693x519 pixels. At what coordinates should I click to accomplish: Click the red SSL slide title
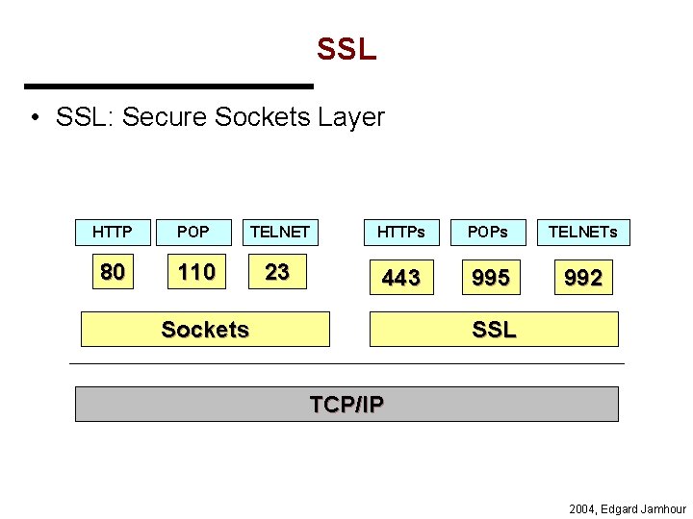click(346, 50)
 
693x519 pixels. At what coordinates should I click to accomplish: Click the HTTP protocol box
click(113, 232)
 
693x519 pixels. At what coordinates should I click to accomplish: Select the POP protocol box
click(193, 232)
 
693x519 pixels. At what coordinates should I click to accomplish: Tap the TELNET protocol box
click(279, 232)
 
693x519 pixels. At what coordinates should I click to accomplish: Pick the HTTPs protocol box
click(400, 232)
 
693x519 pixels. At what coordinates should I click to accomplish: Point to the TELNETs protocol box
click(583, 232)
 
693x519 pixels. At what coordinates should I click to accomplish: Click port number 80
click(113, 273)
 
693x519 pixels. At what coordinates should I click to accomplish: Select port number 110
click(196, 273)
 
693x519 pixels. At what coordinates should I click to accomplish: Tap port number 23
click(277, 273)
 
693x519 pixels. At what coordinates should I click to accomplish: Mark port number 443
click(400, 278)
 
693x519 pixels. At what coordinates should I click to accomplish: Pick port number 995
click(491, 278)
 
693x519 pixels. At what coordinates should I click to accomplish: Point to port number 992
click(583, 278)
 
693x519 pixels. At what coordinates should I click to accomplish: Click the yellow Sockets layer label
click(205, 330)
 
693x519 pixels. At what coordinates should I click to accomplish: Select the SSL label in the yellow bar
click(494, 330)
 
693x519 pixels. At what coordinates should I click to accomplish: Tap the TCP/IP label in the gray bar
click(346, 405)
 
